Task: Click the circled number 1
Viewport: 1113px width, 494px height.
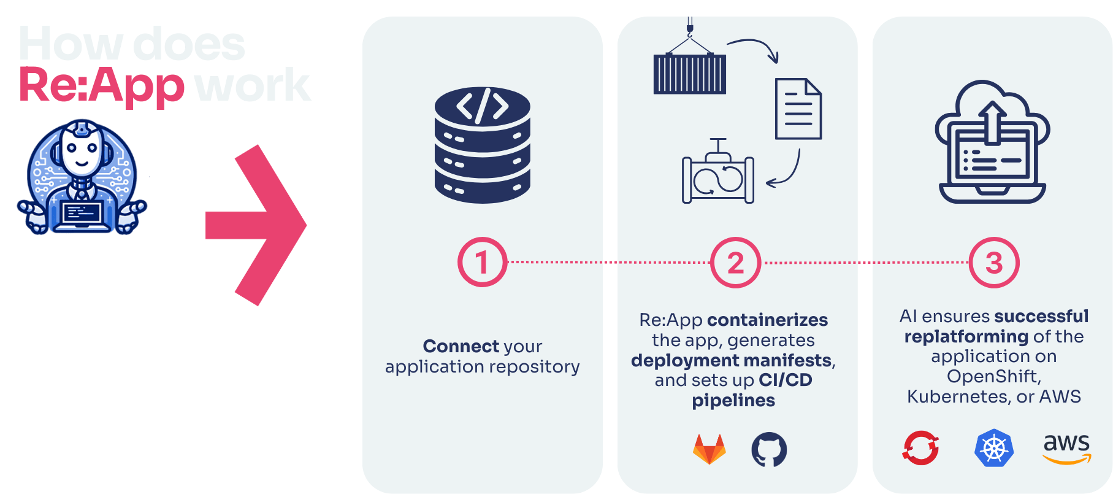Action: (x=482, y=263)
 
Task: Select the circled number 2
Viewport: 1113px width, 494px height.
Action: (x=735, y=263)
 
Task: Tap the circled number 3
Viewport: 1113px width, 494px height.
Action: (x=993, y=263)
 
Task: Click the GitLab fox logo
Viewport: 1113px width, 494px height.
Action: (x=709, y=450)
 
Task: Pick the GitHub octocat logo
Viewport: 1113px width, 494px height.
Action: (x=769, y=450)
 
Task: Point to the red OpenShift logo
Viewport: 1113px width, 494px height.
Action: (x=920, y=447)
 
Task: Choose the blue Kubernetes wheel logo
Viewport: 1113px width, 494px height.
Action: (x=993, y=448)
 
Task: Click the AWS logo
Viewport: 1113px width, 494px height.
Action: (x=1066, y=448)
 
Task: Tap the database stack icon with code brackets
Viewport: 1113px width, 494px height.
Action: (x=483, y=145)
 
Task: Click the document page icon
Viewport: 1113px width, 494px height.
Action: (x=798, y=109)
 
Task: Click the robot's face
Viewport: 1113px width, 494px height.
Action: (x=81, y=151)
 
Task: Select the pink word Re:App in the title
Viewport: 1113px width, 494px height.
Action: (x=101, y=85)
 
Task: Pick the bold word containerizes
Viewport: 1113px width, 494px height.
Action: (x=767, y=320)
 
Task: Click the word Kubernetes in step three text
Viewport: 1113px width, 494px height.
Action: (x=958, y=396)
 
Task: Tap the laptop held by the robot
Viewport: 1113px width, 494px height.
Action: (x=82, y=215)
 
